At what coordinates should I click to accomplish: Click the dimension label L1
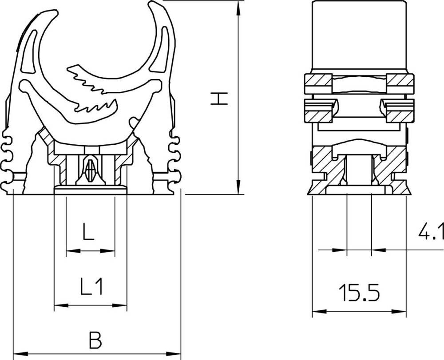pos(92,286)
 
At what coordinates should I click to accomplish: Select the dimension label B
pos(95,341)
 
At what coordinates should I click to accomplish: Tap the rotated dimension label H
pos(219,99)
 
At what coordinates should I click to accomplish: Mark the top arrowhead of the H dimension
pos(239,5)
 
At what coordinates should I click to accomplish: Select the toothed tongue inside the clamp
pos(93,89)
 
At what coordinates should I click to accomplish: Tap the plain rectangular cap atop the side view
pos(359,36)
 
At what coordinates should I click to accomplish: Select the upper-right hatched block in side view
pos(400,81)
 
